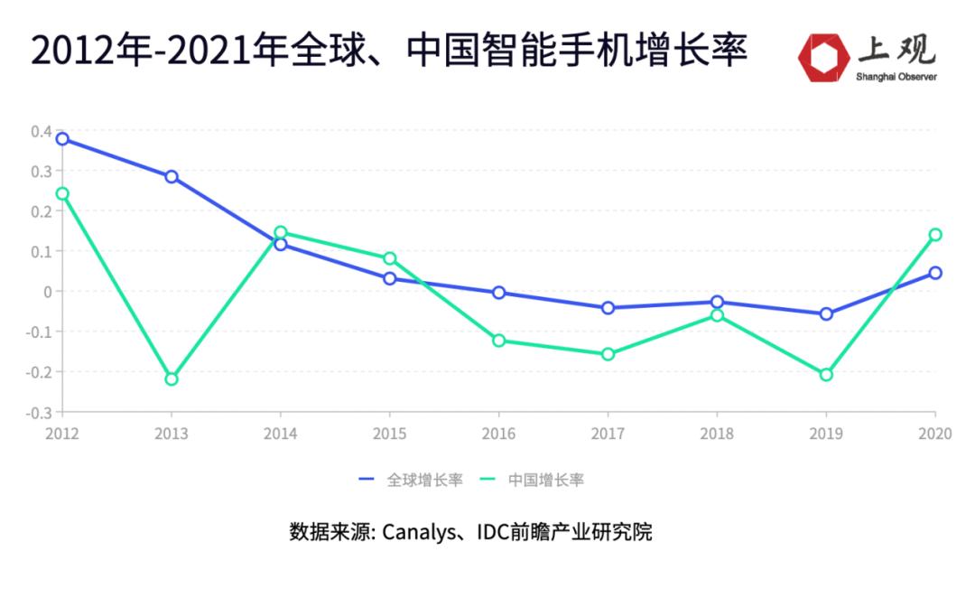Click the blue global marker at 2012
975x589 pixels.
pos(62,139)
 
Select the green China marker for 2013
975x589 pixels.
pos(172,379)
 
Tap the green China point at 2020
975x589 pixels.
pos(935,235)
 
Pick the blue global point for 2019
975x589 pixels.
pos(826,313)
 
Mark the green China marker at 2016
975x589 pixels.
pos(498,341)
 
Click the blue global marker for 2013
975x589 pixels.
pos(172,176)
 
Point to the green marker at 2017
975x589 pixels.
pos(608,354)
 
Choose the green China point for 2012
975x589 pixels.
pos(62,193)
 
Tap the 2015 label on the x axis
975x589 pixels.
pos(389,434)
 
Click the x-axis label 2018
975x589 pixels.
pos(717,434)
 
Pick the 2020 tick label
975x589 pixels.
pos(934,434)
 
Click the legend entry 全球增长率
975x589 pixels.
pos(424,480)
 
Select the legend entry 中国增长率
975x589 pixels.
pos(545,480)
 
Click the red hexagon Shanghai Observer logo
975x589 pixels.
pos(822,57)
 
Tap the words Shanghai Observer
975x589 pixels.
pos(896,77)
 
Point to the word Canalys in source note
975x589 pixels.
pos(414,532)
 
